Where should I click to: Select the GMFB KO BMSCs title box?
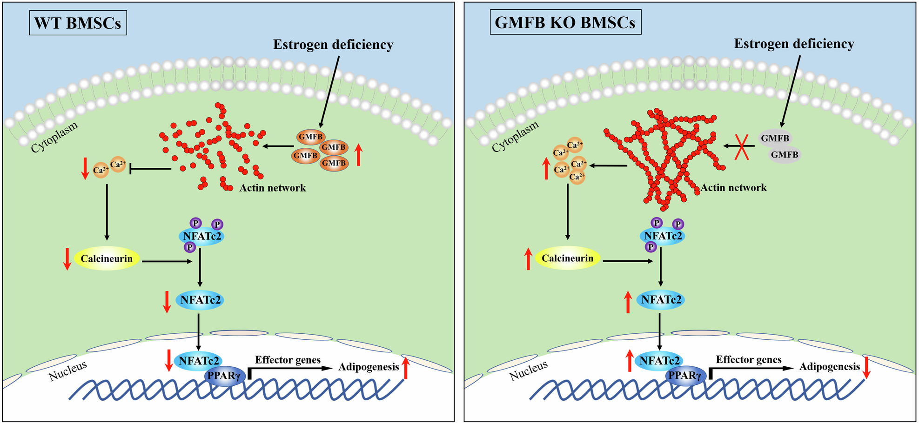click(x=565, y=22)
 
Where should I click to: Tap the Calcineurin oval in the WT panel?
click(x=107, y=259)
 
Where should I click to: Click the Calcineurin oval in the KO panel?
click(x=567, y=258)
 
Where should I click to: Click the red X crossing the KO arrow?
click(x=741, y=146)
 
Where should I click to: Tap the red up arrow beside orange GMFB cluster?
click(x=358, y=155)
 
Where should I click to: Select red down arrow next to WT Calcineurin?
click(x=67, y=259)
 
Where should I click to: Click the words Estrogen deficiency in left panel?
click(x=333, y=45)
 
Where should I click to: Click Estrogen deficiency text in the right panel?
click(x=794, y=44)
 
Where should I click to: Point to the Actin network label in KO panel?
click(x=733, y=188)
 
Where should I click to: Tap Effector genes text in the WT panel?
click(x=288, y=360)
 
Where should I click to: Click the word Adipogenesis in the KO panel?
click(x=829, y=367)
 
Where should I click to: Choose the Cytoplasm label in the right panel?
click(x=515, y=136)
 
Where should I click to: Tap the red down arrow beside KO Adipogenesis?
click(x=866, y=367)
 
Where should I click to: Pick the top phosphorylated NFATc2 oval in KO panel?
click(x=663, y=236)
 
